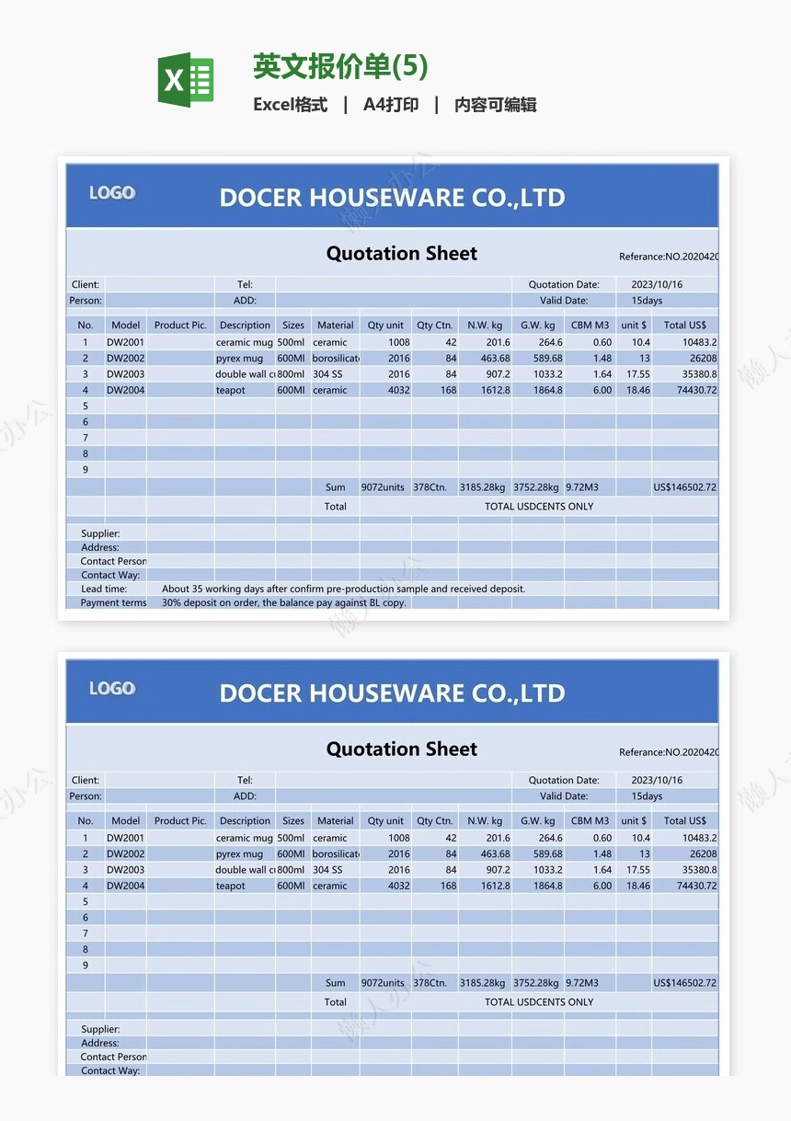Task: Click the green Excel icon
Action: click(x=186, y=79)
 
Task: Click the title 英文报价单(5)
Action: click(x=340, y=66)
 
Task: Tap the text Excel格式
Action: click(x=290, y=105)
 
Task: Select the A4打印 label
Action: click(x=391, y=105)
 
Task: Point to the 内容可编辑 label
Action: click(x=495, y=105)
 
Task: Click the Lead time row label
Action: click(x=104, y=589)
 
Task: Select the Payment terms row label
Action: click(x=113, y=603)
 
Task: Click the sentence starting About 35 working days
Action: click(x=343, y=589)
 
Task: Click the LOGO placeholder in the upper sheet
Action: click(x=112, y=193)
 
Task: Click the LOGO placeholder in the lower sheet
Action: click(x=112, y=689)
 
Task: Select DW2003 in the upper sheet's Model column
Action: click(x=125, y=374)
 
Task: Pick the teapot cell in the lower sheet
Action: click(x=231, y=886)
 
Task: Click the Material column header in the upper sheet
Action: click(x=335, y=325)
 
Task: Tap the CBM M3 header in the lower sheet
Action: click(x=590, y=820)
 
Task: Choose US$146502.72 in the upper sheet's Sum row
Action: click(x=684, y=487)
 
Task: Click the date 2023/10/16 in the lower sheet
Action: click(x=657, y=780)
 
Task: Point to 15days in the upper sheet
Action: click(x=647, y=301)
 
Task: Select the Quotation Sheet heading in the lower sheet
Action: click(x=402, y=749)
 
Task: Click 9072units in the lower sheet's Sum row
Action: click(x=383, y=983)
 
